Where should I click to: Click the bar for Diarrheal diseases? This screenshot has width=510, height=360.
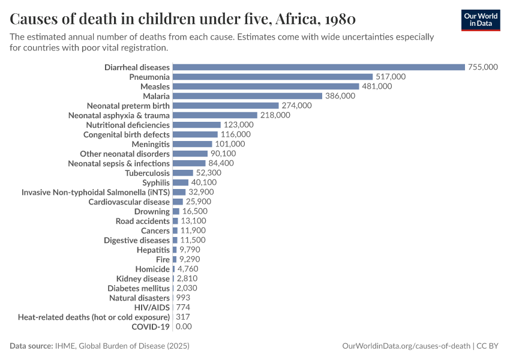(x=319, y=67)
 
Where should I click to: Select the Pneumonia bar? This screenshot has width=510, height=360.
(x=272, y=77)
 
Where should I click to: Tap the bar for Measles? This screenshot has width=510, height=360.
(x=265, y=86)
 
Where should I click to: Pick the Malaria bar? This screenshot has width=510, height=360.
(x=247, y=96)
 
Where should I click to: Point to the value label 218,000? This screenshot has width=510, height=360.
(x=275, y=115)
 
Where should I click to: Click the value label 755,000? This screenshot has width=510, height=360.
(x=483, y=67)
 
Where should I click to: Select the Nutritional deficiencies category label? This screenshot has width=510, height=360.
(x=128, y=125)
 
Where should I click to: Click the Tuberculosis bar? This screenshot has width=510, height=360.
(x=182, y=173)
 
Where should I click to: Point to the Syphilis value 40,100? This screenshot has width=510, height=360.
(x=203, y=182)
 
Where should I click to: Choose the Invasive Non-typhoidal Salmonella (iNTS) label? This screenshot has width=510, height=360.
(x=95, y=192)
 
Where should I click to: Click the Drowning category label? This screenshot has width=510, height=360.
(x=152, y=211)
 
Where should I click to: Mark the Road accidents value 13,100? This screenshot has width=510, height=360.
(x=194, y=221)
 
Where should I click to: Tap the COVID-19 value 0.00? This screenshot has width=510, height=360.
(x=184, y=326)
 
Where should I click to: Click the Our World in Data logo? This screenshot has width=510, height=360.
(x=480, y=20)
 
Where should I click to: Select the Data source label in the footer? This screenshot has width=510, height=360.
(x=31, y=346)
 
